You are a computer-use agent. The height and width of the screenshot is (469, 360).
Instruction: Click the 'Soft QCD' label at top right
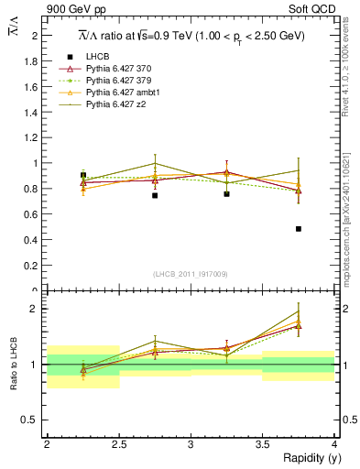pyautogui.click(x=314, y=10)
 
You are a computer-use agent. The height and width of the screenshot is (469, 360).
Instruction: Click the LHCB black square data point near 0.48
pyautogui.click(x=299, y=229)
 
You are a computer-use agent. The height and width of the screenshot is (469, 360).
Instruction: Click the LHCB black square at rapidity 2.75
pyautogui.click(x=155, y=195)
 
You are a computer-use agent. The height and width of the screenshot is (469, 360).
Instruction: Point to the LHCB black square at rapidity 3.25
pyautogui.click(x=226, y=193)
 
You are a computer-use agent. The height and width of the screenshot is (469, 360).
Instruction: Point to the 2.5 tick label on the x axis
pyautogui.click(x=119, y=444)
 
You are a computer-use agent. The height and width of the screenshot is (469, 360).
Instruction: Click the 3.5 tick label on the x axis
pyautogui.click(x=263, y=444)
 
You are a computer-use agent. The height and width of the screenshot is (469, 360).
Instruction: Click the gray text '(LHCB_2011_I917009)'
pyautogui.click(x=191, y=273)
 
